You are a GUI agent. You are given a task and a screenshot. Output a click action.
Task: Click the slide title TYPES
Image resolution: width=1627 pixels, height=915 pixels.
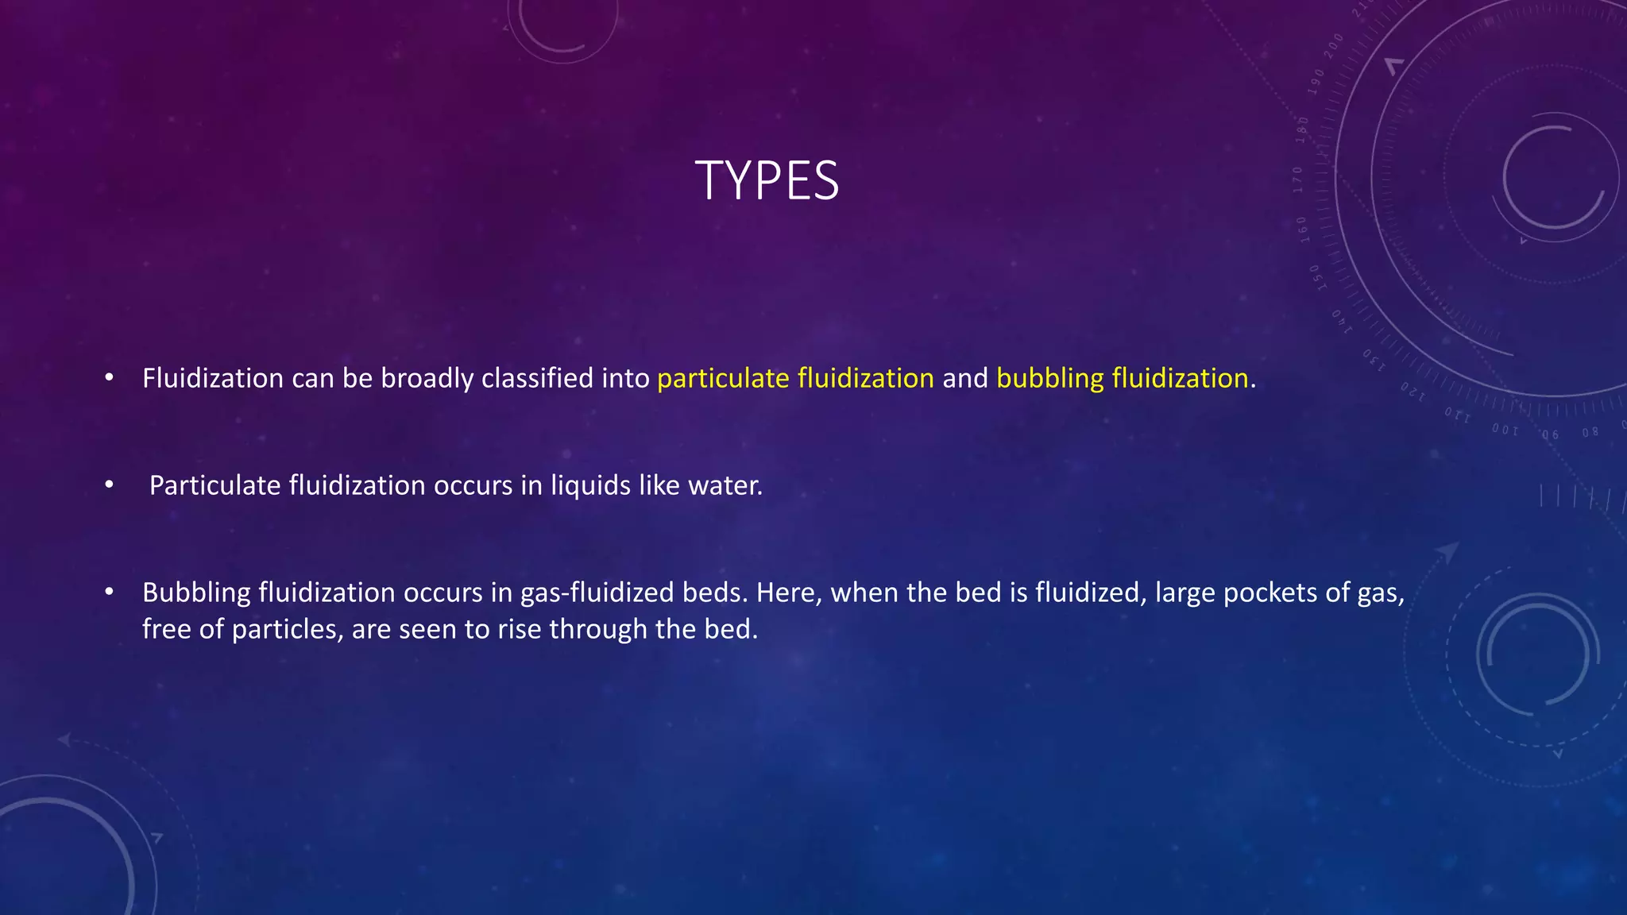pyautogui.click(x=767, y=180)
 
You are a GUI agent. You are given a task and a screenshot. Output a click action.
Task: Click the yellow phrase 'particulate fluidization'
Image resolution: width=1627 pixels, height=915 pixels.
pyautogui.click(x=795, y=378)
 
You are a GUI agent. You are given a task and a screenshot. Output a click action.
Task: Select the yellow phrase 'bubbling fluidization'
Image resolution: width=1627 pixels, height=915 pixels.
pyautogui.click(x=1122, y=378)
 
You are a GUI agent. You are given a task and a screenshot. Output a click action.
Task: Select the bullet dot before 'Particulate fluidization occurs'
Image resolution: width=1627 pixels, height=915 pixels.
pyautogui.click(x=110, y=485)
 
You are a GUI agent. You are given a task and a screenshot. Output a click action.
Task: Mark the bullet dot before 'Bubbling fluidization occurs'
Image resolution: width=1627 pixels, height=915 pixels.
pyautogui.click(x=110, y=592)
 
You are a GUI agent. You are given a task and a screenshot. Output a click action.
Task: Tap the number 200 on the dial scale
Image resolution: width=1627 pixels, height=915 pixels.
pyautogui.click(x=1333, y=41)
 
